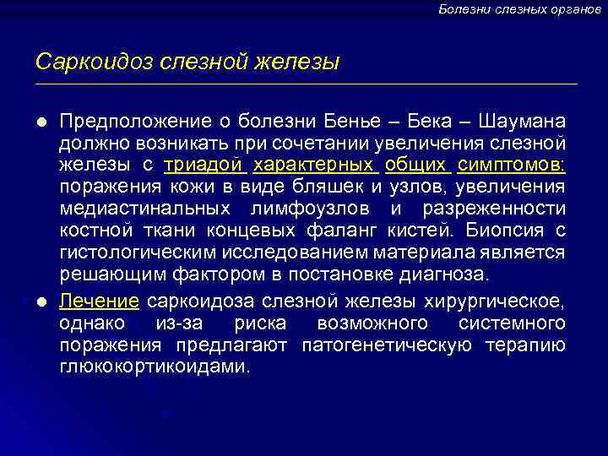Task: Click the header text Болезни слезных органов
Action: click(519, 8)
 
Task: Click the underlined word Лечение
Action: click(100, 301)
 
